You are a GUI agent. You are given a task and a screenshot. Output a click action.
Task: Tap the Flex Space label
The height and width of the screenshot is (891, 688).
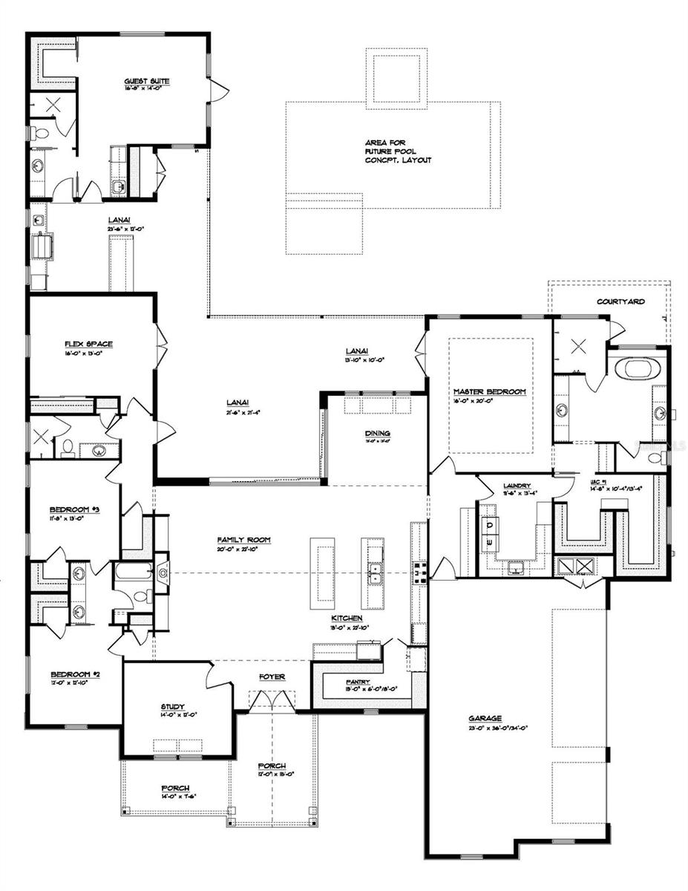tap(88, 344)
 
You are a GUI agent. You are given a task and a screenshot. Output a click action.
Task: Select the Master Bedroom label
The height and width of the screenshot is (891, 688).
tap(489, 391)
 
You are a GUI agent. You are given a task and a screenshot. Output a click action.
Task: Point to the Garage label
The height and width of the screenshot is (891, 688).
tap(485, 718)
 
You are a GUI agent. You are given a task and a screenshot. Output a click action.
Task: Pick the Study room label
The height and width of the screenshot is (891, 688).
tap(172, 706)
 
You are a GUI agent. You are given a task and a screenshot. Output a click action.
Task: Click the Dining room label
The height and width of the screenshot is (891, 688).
tap(377, 434)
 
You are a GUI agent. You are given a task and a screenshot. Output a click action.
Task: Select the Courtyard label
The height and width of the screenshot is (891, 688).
tap(620, 301)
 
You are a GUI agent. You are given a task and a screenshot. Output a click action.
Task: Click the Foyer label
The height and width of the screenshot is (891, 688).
tap(272, 676)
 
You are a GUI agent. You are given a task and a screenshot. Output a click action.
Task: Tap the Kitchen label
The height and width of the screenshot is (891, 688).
tap(347, 618)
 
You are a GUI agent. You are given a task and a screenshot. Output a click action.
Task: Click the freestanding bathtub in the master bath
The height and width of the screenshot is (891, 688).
tap(636, 368)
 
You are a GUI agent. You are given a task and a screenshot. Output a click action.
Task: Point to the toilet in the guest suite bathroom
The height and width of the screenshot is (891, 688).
tap(41, 134)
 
